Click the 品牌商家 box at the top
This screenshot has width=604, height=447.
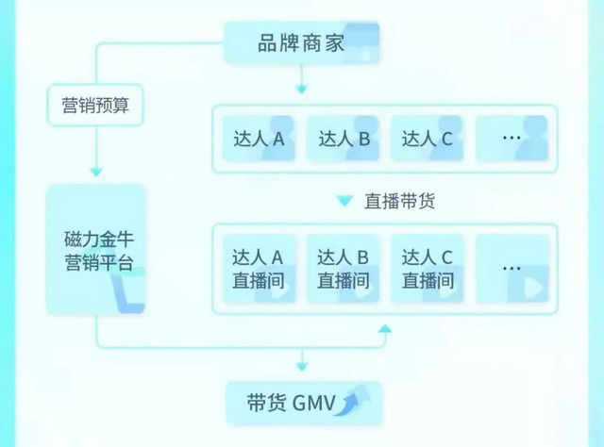pyautogui.click(x=302, y=42)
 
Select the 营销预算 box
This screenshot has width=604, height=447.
pyautogui.click(x=95, y=107)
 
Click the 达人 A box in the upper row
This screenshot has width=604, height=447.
pyautogui.click(x=259, y=140)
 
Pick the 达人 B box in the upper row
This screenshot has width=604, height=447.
pyautogui.click(x=343, y=140)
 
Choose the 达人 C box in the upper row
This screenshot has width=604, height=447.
pyautogui.click(x=427, y=140)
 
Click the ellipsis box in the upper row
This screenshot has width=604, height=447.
pyautogui.click(x=512, y=140)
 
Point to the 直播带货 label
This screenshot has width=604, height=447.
pyautogui.click(x=399, y=201)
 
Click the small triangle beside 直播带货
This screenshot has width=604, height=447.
pyautogui.click(x=345, y=201)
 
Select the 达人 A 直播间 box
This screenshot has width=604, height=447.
pyautogui.click(x=259, y=269)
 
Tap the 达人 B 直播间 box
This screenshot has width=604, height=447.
pyautogui.click(x=343, y=269)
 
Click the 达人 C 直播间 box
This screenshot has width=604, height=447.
pyautogui.click(x=427, y=269)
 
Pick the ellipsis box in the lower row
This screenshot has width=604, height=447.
pyautogui.click(x=512, y=269)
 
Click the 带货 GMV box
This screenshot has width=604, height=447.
pyautogui.click(x=302, y=403)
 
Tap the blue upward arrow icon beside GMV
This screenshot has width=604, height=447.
pyautogui.click(x=354, y=403)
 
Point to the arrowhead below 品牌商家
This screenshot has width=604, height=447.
pyautogui.click(x=301, y=91)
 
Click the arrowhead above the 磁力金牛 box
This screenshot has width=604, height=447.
pyautogui.click(x=95, y=172)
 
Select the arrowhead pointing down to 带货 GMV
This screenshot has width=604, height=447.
pyautogui.click(x=301, y=365)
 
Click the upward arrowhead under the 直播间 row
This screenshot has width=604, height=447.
pyautogui.click(x=384, y=329)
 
